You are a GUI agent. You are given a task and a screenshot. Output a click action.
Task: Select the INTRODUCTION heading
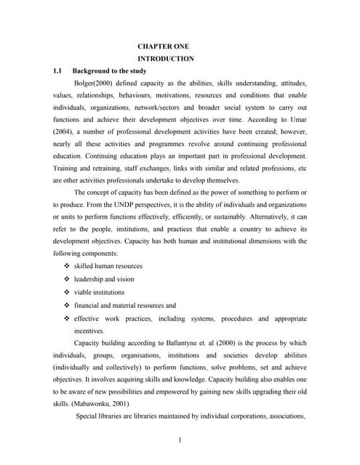(x=166, y=58)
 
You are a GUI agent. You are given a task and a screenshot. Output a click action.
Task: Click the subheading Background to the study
(x=110, y=70)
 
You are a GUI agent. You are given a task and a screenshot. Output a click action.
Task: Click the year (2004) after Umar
(x=65, y=132)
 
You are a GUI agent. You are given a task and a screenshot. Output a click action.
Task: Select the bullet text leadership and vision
(x=104, y=279)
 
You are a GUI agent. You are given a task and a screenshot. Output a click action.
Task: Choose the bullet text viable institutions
(x=100, y=292)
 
